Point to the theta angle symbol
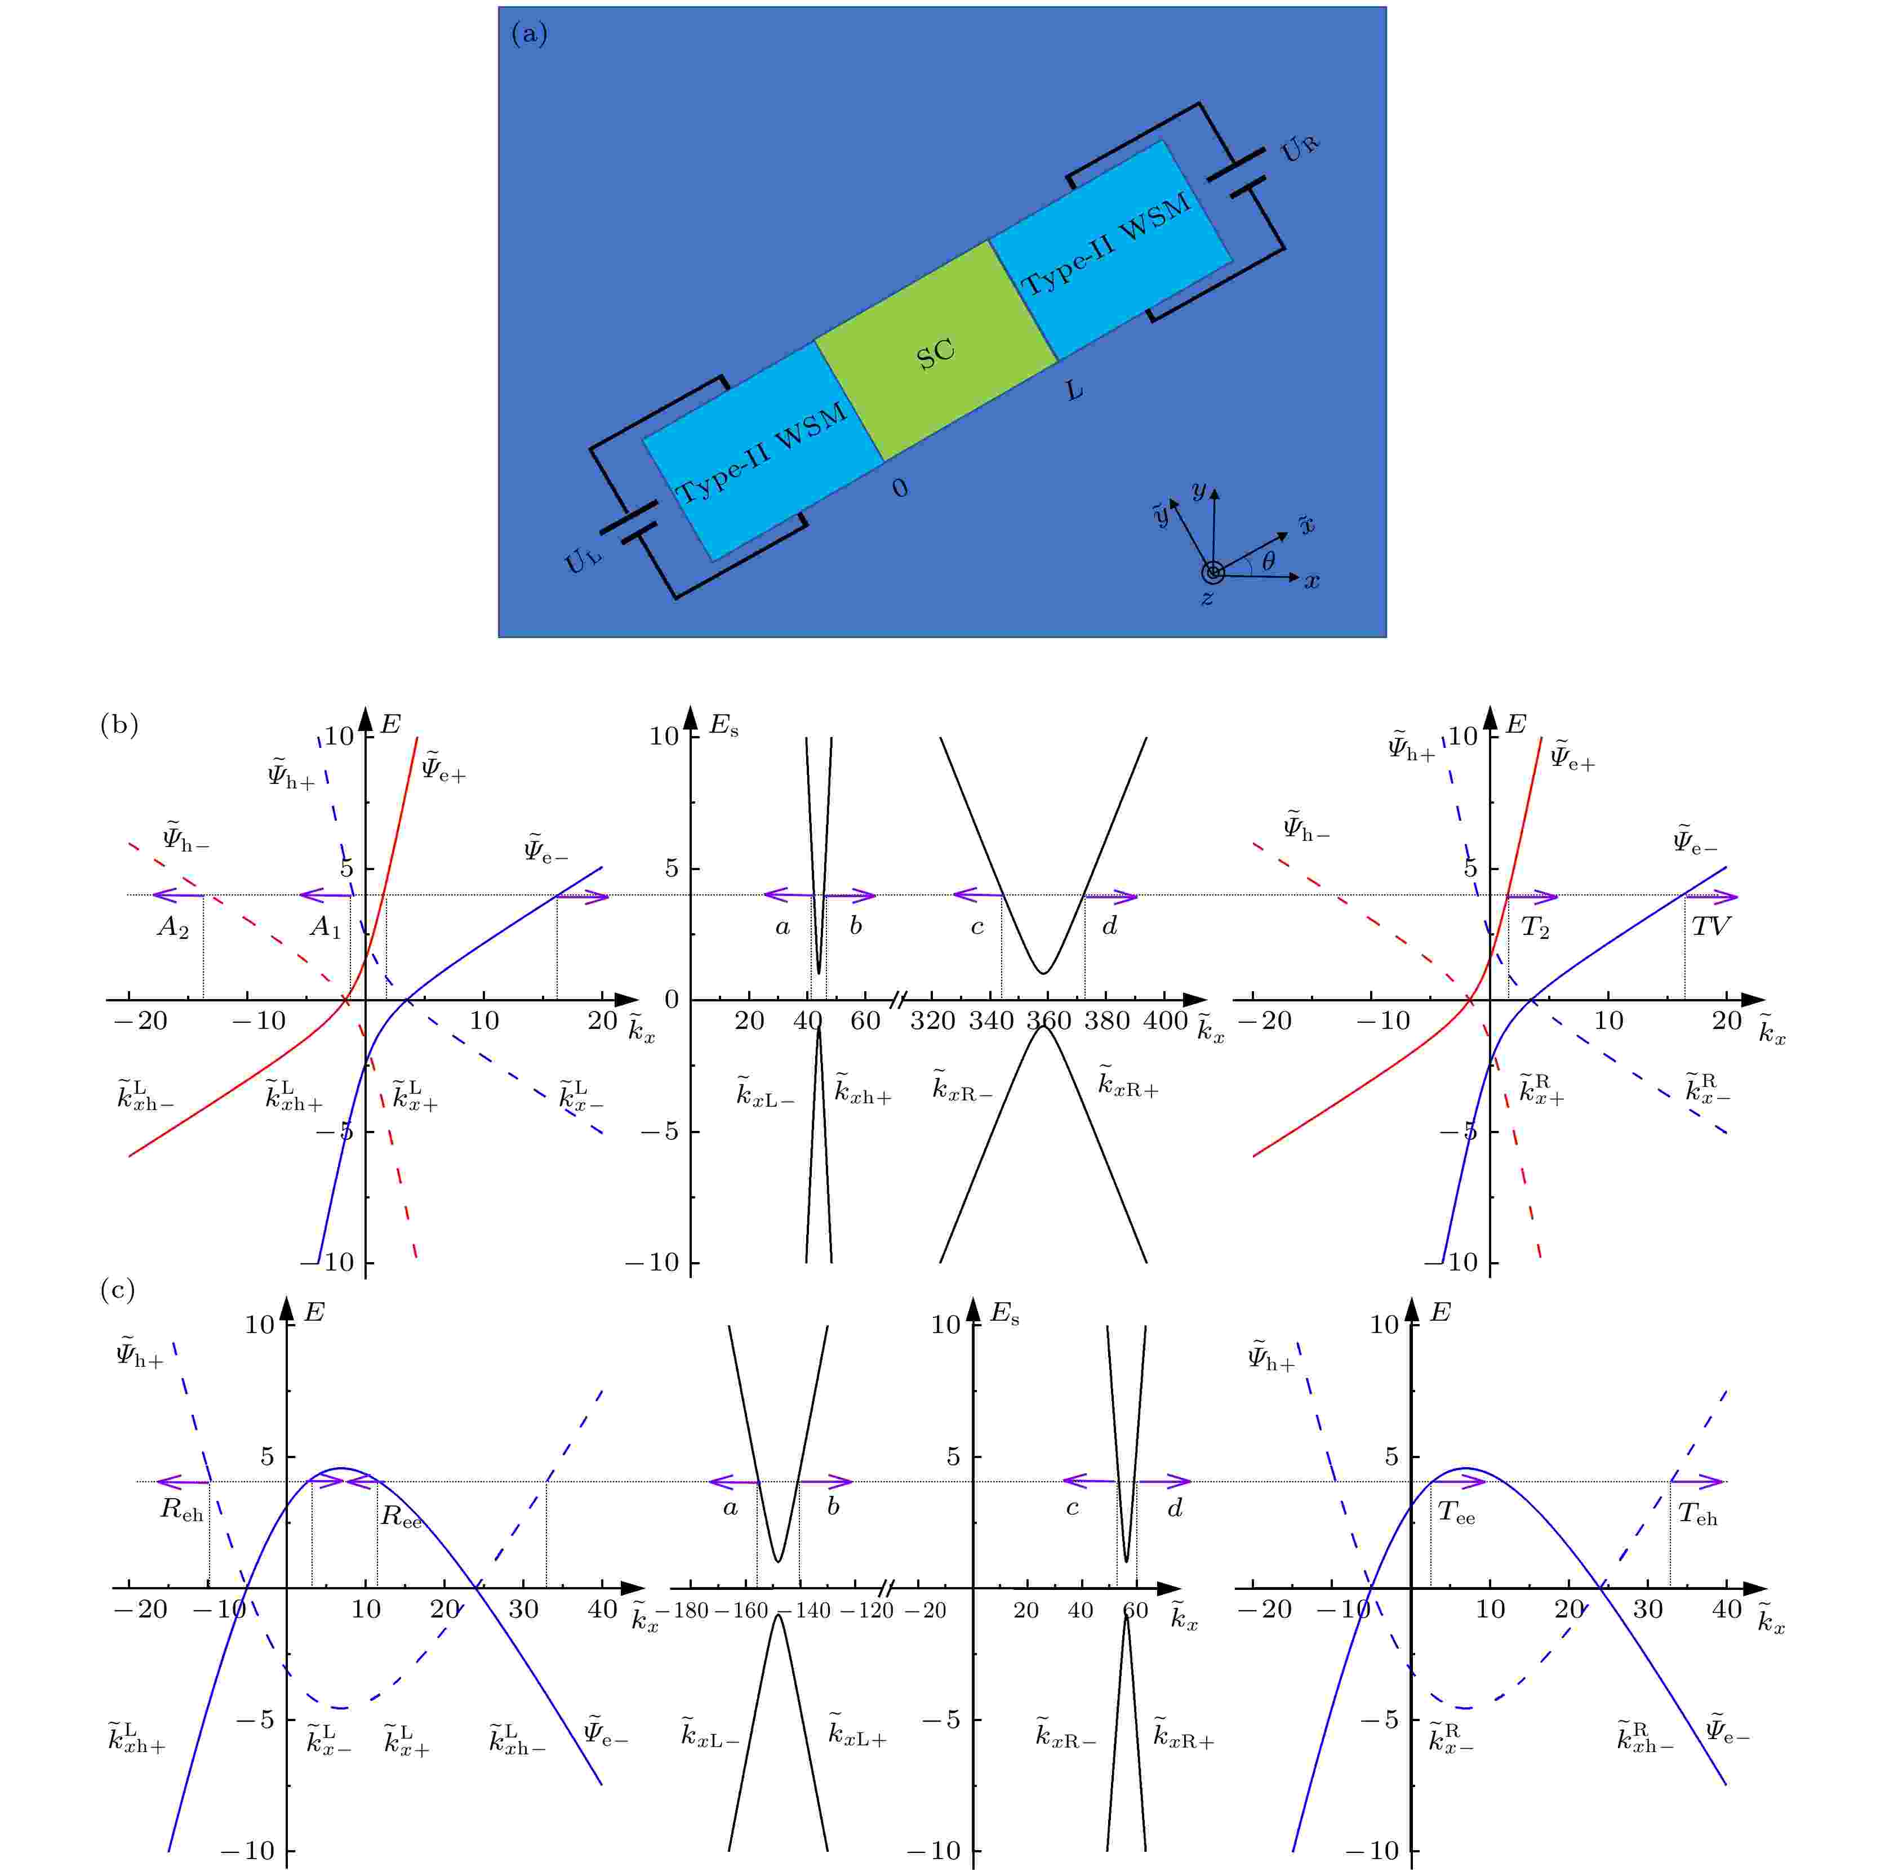(x=1268, y=561)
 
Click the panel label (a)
(x=530, y=35)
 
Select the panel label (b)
(x=119, y=725)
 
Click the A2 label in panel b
(x=173, y=928)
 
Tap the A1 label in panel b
(x=326, y=928)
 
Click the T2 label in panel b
(x=1535, y=929)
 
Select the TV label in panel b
(x=1709, y=927)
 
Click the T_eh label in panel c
(x=1697, y=1514)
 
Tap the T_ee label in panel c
(x=1456, y=1514)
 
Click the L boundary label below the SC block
(x=1074, y=390)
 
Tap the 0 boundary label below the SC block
(x=900, y=488)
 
